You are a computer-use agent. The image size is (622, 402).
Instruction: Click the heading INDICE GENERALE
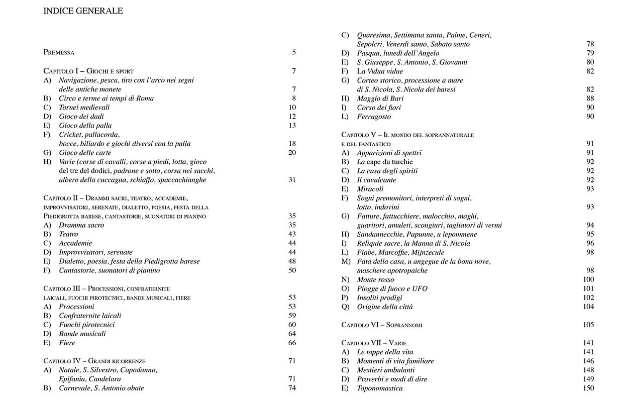pyautogui.click(x=83, y=11)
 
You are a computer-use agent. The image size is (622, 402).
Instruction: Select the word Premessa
pyautogui.click(x=59, y=52)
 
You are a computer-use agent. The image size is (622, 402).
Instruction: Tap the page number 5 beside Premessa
pyautogui.click(x=294, y=52)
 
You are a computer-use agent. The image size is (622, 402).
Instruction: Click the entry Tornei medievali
pyautogui.click(x=84, y=108)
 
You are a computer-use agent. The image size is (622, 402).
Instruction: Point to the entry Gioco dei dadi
pyautogui.click(x=81, y=117)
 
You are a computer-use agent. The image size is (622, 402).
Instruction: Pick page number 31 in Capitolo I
pyautogui.click(x=292, y=180)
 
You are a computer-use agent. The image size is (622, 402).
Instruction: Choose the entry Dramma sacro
pyautogui.click(x=81, y=225)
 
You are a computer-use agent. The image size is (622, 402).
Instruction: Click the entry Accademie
pyautogui.click(x=75, y=243)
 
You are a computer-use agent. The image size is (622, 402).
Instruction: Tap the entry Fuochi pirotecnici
pyautogui.click(x=86, y=325)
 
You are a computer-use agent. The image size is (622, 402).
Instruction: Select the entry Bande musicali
pyautogui.click(x=82, y=334)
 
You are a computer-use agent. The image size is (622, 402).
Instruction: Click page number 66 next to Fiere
pyautogui.click(x=292, y=343)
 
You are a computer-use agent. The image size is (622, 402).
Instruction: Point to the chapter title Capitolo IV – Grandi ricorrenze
pyautogui.click(x=94, y=361)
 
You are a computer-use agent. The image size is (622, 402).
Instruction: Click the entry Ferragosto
pyautogui.click(x=374, y=117)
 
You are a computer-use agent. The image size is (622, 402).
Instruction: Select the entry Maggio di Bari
pyautogui.click(x=380, y=98)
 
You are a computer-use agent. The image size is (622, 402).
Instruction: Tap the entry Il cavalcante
pyautogui.click(x=376, y=180)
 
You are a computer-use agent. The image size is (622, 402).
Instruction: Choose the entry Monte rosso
pyautogui.click(x=375, y=279)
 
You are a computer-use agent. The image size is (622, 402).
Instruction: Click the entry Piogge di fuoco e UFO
pyautogui.click(x=392, y=288)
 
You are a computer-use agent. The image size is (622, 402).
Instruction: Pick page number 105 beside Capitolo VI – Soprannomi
pyautogui.click(x=589, y=325)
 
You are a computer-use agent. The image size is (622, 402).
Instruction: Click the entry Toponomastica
pyautogui.click(x=380, y=388)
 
